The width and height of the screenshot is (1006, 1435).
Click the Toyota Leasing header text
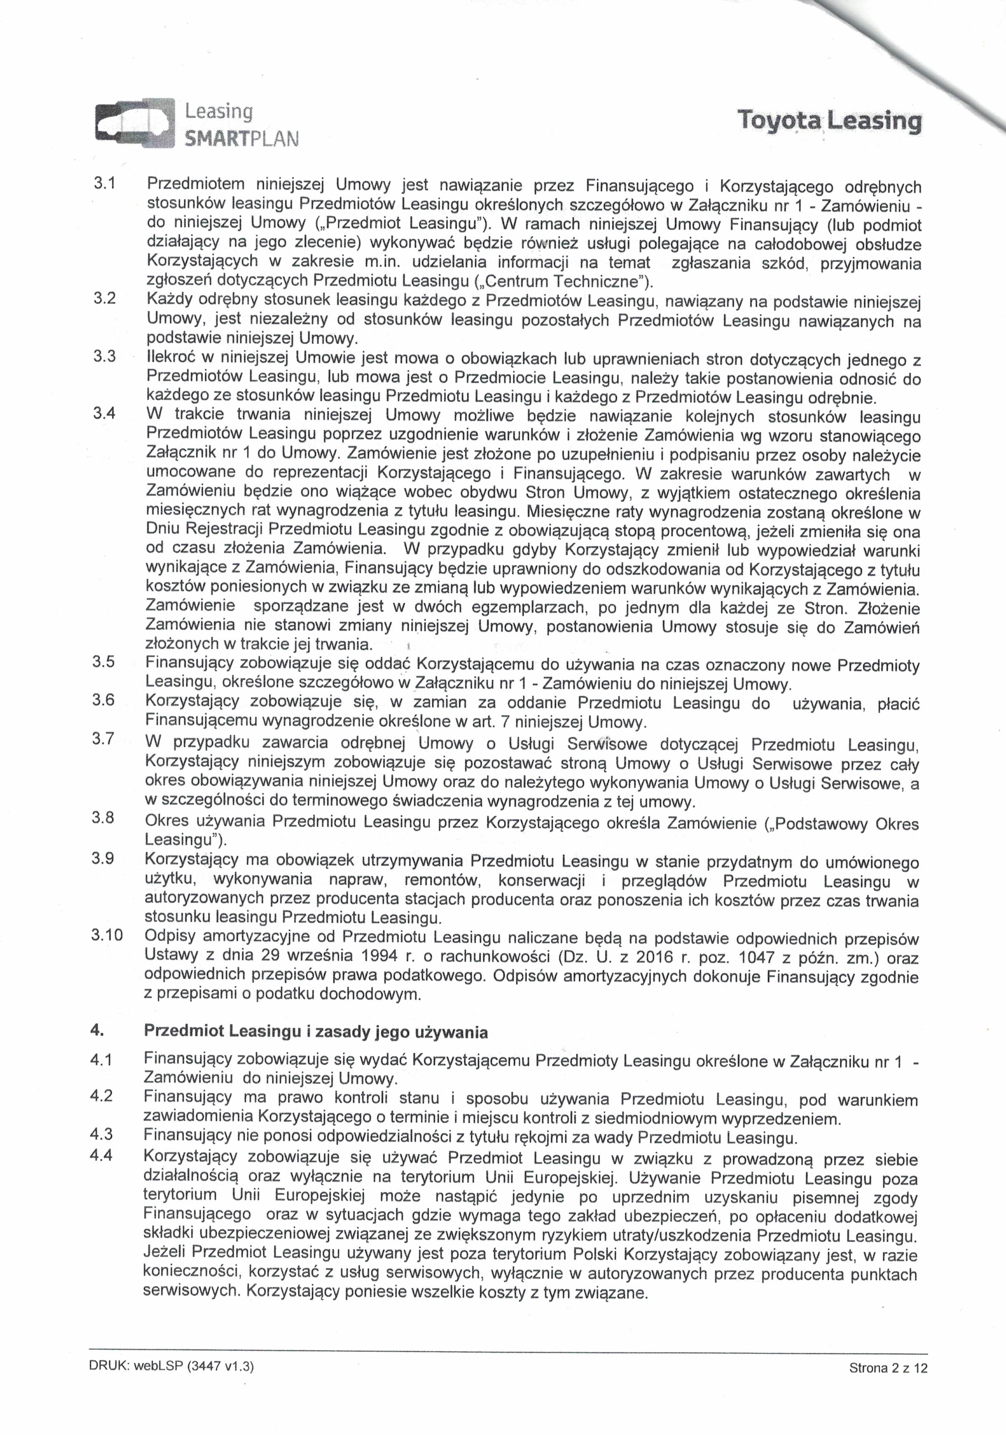click(x=829, y=121)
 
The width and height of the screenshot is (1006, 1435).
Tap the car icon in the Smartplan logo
click(x=134, y=124)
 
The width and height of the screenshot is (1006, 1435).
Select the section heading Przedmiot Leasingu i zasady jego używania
click(x=316, y=1031)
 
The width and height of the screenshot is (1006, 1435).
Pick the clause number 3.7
click(x=103, y=738)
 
